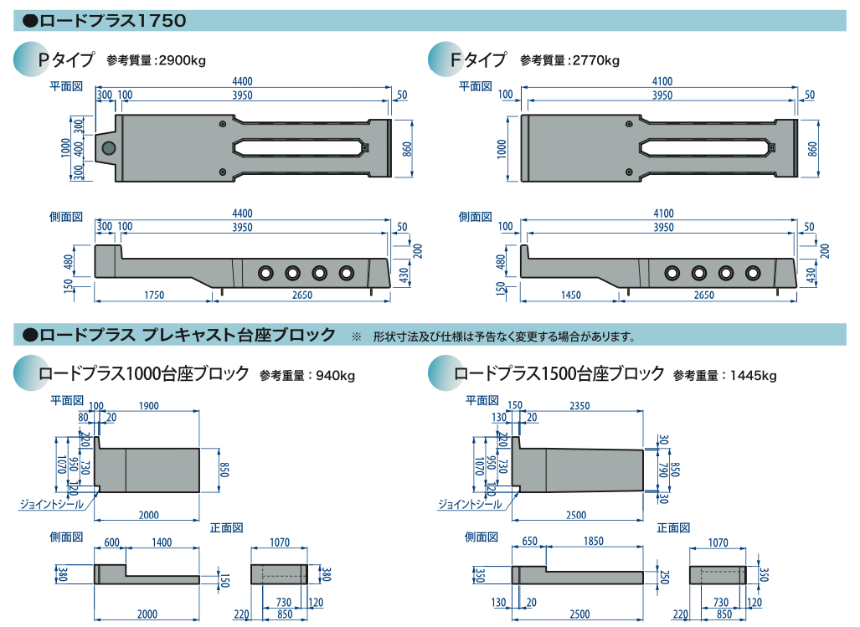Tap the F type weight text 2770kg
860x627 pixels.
click(594, 60)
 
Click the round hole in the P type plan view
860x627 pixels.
click(108, 148)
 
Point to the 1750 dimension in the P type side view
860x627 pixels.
click(152, 295)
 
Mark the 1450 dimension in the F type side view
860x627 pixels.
click(572, 295)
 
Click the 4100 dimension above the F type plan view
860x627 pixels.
click(662, 81)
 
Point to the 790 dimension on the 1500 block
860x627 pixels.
click(663, 470)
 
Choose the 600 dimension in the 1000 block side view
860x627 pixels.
click(112, 542)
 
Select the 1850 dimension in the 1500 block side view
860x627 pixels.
click(593, 542)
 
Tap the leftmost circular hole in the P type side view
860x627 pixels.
click(265, 273)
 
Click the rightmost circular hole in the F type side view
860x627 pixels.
click(753, 273)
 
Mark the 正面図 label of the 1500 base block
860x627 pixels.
click(674, 527)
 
